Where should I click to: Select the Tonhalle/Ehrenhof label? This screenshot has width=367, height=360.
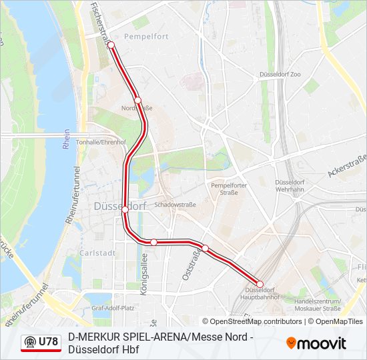click(101, 142)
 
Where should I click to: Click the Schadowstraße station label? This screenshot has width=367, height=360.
click(175, 205)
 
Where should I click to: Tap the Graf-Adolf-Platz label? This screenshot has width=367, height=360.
click(113, 308)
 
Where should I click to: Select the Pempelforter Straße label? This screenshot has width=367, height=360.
click(224, 188)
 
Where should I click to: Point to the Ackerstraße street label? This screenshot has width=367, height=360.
click(348, 166)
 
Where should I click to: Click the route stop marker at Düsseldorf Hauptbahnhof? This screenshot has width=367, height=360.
click(260, 285)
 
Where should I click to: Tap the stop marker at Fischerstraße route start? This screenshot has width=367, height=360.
click(111, 45)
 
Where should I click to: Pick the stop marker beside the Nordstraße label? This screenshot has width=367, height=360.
click(138, 100)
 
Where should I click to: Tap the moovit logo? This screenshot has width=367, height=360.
click(316, 343)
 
